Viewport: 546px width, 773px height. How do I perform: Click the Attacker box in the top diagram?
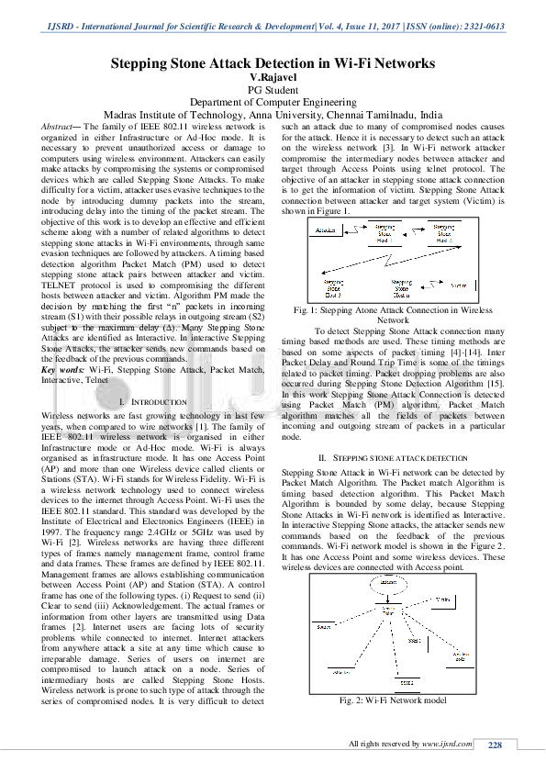pos(325,229)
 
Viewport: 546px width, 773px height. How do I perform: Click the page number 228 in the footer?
pos(496,744)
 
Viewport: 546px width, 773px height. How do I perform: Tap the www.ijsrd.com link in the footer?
pos(447,744)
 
